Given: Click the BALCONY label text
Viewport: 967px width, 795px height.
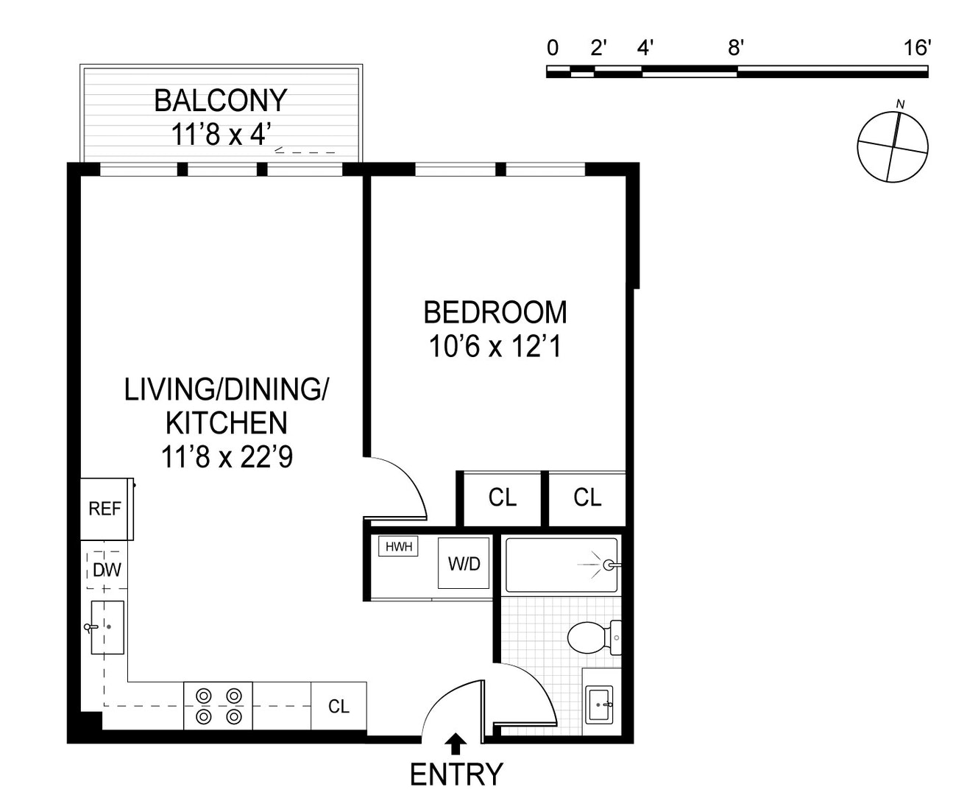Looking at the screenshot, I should (220, 100).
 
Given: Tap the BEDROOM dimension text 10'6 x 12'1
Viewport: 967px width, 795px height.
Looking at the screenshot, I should (495, 346).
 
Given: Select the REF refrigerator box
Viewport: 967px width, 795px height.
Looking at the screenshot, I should (105, 509).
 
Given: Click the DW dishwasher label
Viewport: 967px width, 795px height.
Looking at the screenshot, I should (107, 570).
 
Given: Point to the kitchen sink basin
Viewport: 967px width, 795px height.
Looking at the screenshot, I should (107, 627).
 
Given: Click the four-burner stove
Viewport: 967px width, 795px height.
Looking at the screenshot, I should (219, 706).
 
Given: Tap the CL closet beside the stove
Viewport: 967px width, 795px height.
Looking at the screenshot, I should (339, 707).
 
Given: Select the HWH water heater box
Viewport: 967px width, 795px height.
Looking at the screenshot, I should (398, 546).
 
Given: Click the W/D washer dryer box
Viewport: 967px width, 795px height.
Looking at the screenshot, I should (464, 563).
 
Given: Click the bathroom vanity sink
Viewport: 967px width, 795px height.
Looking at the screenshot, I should (600, 705).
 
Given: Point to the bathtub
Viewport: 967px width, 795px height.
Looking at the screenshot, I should (562, 565).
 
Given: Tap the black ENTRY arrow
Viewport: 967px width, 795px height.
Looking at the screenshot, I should (456, 744).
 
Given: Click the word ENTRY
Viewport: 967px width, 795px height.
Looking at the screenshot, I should (456, 775).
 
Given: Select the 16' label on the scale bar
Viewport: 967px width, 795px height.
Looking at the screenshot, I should (917, 49).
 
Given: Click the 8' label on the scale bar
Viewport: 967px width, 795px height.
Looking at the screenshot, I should (736, 49).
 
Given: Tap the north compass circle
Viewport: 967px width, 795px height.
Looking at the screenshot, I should (892, 146).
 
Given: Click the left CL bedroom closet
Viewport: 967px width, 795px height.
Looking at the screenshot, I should (503, 498).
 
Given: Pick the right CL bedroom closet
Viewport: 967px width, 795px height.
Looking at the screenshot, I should (587, 498).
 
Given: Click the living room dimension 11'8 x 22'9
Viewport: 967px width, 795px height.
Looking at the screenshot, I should (227, 457).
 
